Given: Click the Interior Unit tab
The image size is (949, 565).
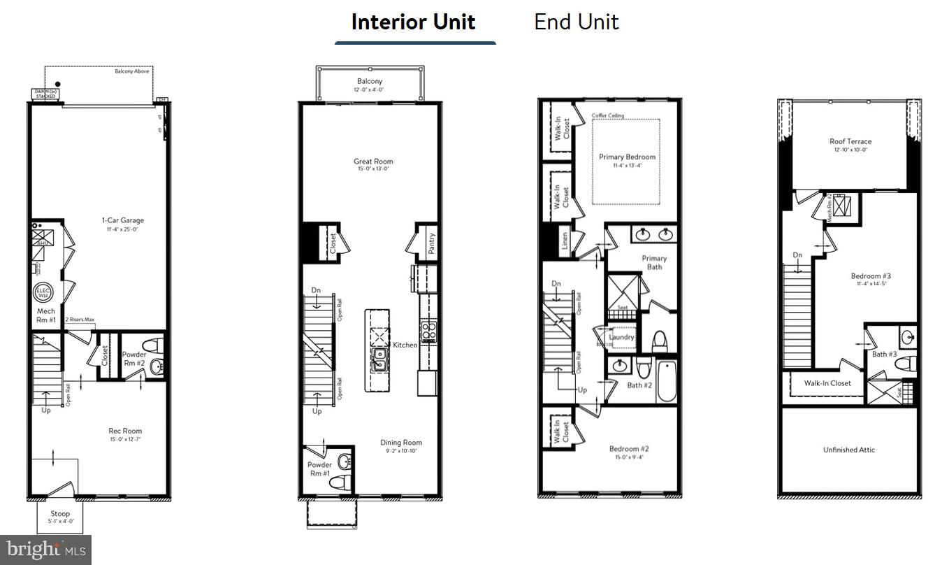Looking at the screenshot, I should (414, 22).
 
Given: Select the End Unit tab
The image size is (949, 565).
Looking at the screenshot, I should (577, 22).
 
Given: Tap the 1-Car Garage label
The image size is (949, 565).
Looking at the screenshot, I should (122, 220).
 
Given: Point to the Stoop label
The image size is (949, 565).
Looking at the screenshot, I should (60, 513).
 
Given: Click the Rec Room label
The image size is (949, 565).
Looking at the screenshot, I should (125, 431).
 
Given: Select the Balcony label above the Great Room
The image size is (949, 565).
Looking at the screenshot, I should (370, 82).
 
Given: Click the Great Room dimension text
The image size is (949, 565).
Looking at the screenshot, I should (372, 169).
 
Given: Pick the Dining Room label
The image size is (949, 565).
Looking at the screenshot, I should (401, 443).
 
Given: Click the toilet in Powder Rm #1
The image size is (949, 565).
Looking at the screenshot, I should (340, 482).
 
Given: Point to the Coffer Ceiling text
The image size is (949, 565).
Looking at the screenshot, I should (608, 115).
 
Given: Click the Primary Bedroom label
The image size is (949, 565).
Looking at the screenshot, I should (627, 157).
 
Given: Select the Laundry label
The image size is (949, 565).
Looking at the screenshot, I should (621, 337).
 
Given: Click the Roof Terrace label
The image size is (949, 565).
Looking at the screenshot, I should (850, 141).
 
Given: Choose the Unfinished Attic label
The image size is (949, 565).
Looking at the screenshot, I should (849, 450).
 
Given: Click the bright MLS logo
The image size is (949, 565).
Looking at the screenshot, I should (45, 550).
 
